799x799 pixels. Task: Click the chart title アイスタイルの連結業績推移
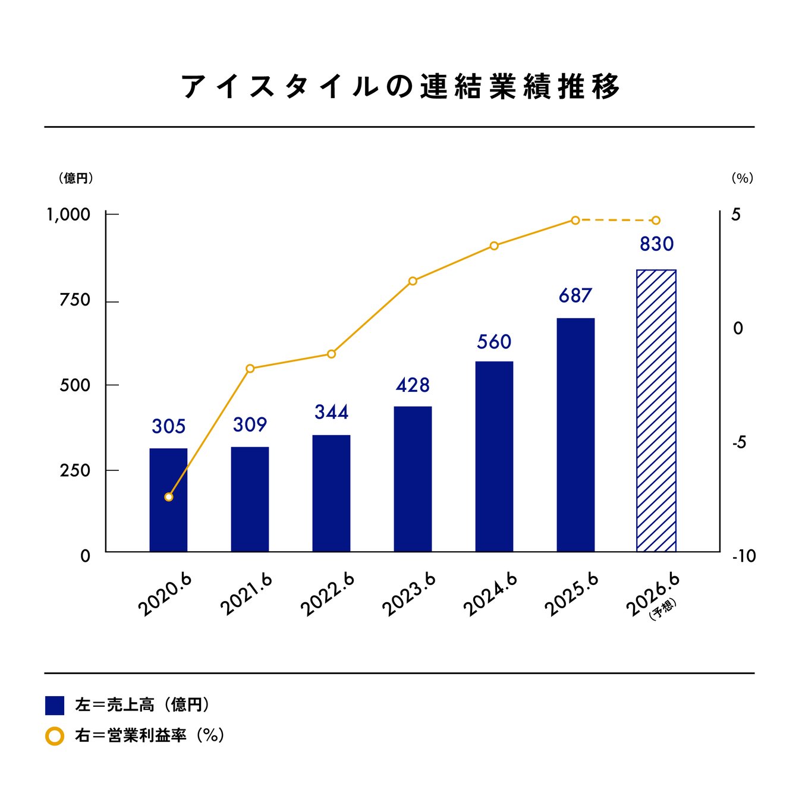click(400, 87)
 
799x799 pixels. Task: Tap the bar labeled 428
click(413, 479)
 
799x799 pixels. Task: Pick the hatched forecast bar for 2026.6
click(656, 410)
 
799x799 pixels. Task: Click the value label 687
click(575, 295)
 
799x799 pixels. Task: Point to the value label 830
click(656, 244)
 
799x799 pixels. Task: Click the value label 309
click(250, 424)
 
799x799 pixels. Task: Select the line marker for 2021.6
click(250, 369)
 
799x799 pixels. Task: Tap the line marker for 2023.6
click(413, 281)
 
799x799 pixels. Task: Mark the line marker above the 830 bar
click(656, 221)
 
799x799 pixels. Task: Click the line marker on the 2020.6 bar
click(169, 496)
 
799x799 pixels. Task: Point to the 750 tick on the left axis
click(75, 300)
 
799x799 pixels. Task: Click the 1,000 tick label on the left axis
click(69, 215)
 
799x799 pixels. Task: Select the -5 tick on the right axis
click(738, 443)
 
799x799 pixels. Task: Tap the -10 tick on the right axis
click(743, 556)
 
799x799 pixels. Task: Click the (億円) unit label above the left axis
click(76, 178)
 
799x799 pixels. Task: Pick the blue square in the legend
click(55, 705)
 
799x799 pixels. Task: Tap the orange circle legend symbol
click(55, 736)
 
